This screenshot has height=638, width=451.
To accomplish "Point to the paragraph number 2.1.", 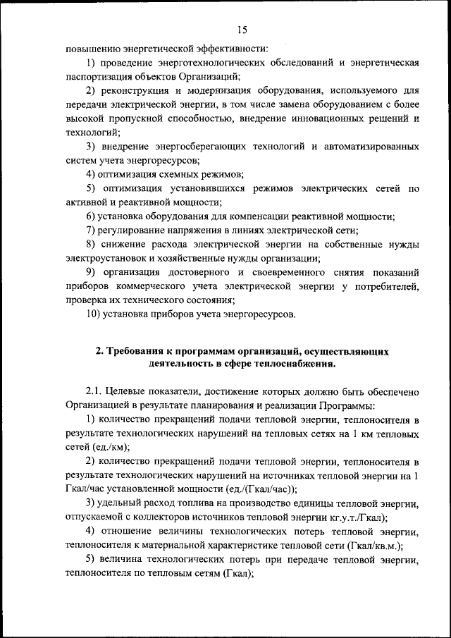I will pos(96,392).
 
